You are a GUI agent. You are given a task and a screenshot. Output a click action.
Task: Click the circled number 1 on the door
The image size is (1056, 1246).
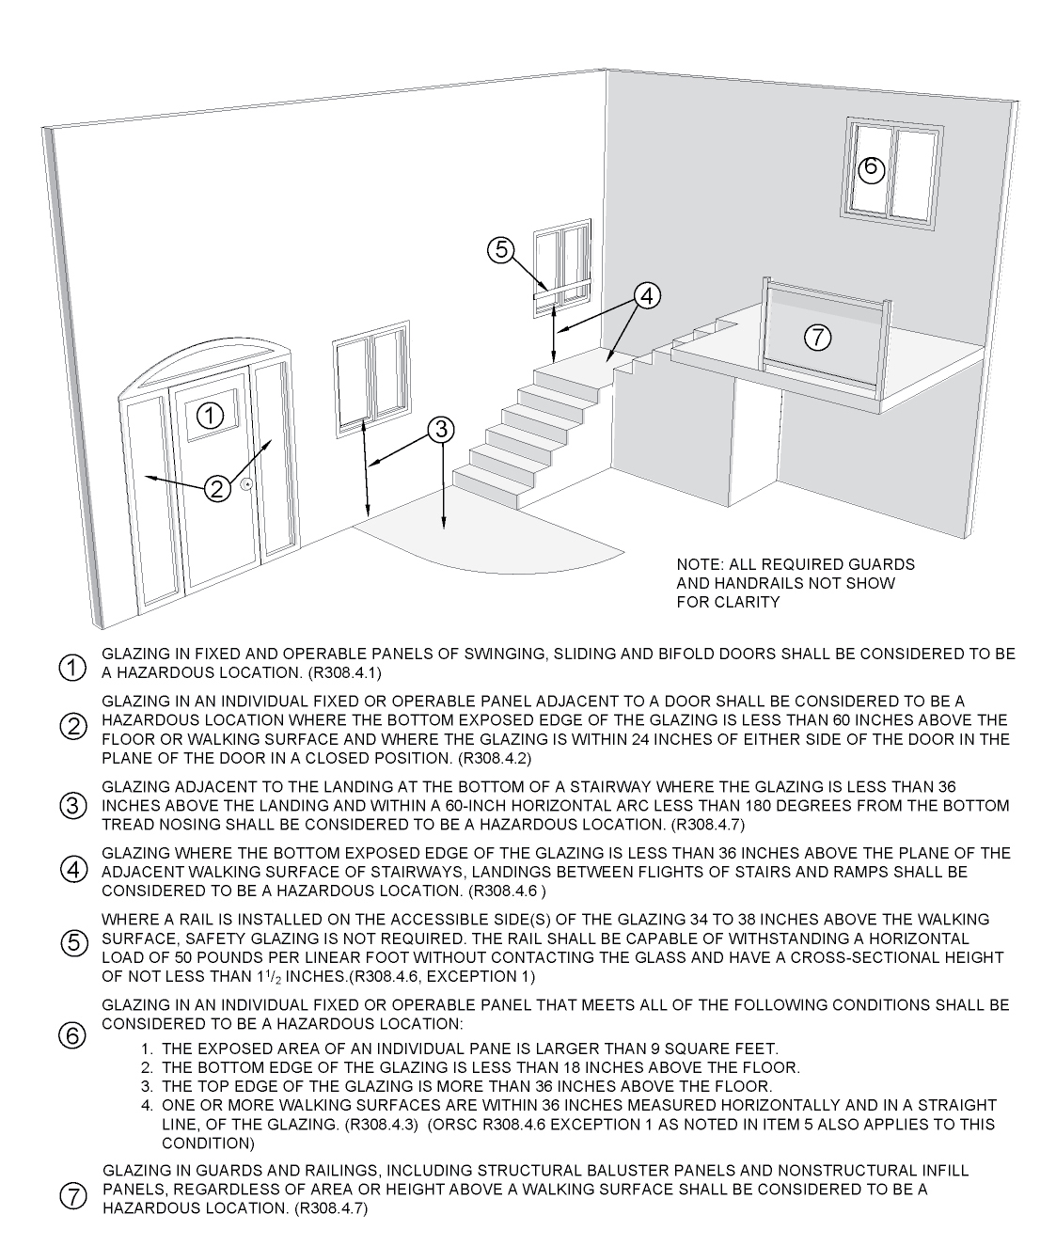[213, 415]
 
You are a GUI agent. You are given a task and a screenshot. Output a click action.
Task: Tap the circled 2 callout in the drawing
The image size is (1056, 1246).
[217, 488]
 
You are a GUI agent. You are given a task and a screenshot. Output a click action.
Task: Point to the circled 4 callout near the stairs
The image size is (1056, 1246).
[645, 295]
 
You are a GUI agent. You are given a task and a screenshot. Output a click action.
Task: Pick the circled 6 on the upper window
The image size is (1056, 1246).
[871, 168]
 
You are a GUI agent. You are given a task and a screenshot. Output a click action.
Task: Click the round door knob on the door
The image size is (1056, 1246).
[245, 484]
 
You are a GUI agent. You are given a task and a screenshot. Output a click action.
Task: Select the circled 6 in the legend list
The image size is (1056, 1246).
[73, 1035]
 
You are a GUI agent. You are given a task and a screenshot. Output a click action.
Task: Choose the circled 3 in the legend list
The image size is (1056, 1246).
[73, 806]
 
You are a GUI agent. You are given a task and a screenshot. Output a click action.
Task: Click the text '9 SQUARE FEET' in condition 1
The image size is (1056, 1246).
[728, 1048]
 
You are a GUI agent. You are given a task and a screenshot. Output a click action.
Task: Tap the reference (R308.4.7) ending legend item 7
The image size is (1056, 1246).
[331, 1208]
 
